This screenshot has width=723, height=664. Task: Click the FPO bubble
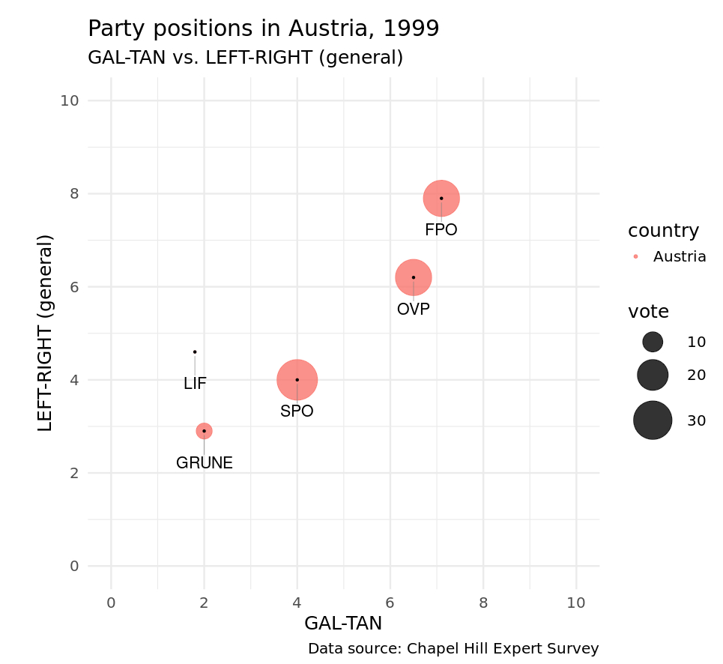tap(441, 199)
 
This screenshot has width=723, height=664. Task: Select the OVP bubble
tap(413, 277)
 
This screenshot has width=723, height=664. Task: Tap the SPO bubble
tap(297, 380)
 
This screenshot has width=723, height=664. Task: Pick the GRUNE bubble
tap(204, 431)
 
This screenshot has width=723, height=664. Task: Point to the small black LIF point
tap(195, 351)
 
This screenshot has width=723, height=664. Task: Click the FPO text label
tap(441, 231)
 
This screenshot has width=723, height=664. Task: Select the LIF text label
tap(195, 384)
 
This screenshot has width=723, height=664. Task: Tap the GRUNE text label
tap(205, 463)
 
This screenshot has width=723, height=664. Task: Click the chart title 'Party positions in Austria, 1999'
tap(263, 28)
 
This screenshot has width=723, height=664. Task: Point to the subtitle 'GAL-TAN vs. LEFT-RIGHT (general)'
tap(246, 58)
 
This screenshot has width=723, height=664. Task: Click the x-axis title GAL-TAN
tap(343, 624)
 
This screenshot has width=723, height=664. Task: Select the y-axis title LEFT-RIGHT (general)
tap(46, 333)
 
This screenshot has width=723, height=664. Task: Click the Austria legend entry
tap(679, 256)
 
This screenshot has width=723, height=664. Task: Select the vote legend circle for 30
tap(652, 420)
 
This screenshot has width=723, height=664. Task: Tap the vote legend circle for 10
tap(653, 342)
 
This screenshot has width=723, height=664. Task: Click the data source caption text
tap(453, 649)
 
